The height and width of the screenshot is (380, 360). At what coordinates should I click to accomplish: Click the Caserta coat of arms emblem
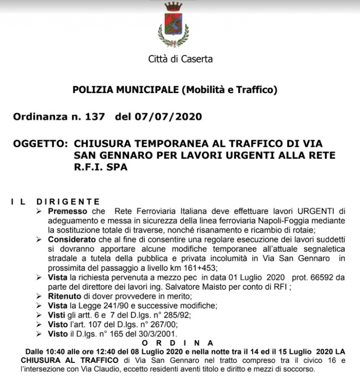point(173,25)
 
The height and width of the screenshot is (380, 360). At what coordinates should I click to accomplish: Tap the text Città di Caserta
point(180,59)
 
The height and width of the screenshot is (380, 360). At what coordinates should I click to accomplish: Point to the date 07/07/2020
point(169,117)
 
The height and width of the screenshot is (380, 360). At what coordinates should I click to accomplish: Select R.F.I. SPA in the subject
point(101,168)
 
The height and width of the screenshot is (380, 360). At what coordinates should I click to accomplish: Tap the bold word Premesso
point(67,211)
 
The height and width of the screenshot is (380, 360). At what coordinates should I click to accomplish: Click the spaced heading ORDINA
point(180,342)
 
